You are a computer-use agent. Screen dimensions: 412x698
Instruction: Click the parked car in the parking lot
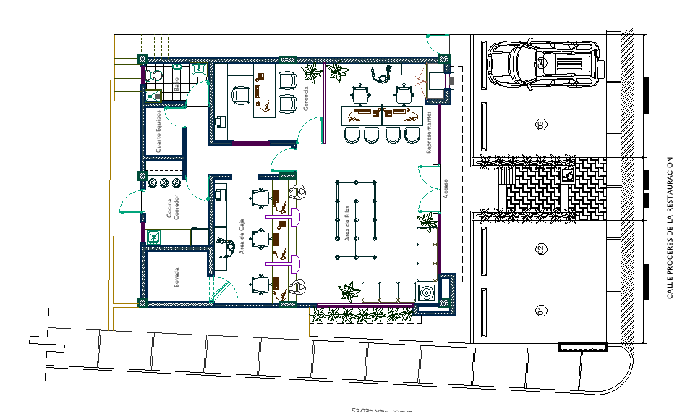tap(543, 63)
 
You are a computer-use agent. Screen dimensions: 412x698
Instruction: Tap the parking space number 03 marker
tap(540, 126)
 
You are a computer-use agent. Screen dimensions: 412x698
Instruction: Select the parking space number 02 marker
tap(540, 250)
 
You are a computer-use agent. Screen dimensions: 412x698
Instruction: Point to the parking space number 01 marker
tap(540, 311)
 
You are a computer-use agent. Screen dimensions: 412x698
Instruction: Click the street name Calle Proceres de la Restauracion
tap(671, 228)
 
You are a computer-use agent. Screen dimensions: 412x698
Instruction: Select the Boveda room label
tap(176, 279)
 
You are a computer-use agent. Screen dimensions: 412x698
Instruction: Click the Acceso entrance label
tap(446, 188)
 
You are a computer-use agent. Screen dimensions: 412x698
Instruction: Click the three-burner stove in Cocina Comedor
tap(164, 182)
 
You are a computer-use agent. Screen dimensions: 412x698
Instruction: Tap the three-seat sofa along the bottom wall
tap(387, 291)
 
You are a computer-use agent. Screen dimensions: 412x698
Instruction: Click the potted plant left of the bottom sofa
tap(349, 291)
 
